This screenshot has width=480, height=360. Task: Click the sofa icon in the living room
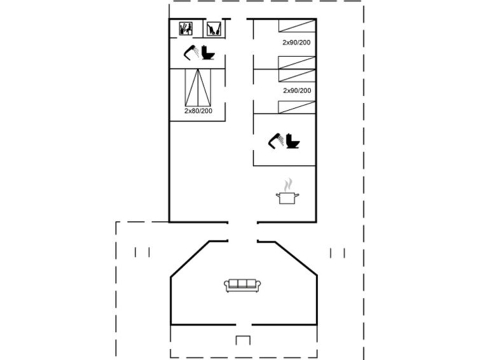tap(242, 286)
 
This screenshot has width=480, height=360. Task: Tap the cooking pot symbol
tap(287, 198)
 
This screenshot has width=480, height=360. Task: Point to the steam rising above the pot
tap(287, 185)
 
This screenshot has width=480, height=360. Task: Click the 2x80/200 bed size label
tap(198, 111)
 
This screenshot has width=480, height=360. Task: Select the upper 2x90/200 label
tap(296, 43)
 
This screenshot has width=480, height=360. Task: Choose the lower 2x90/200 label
tap(297, 91)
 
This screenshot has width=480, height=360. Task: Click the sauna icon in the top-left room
tap(186, 29)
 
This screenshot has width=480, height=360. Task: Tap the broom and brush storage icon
tap(214, 29)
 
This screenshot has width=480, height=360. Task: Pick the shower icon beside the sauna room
tap(191, 52)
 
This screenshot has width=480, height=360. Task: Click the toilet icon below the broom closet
tap(208, 52)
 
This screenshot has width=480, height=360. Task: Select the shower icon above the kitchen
tap(276, 141)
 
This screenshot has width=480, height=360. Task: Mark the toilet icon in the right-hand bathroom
tap(292, 141)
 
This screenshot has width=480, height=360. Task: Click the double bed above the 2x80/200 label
tap(198, 88)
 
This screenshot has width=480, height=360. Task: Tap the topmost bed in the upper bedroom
tap(297, 25)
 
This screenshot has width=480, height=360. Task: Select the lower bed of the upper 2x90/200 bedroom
tap(297, 62)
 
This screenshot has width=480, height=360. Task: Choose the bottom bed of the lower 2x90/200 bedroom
tap(297, 107)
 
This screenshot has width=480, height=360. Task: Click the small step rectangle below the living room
tap(243, 340)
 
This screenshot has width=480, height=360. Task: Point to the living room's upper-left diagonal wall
tap(190, 260)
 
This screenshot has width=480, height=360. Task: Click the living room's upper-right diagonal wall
tap(296, 258)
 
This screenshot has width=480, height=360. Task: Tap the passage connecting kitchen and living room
tap(242, 232)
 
